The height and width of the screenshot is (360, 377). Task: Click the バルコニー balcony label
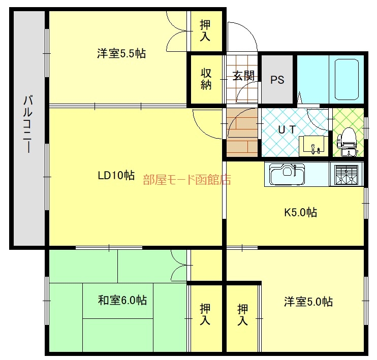(x=28, y=124)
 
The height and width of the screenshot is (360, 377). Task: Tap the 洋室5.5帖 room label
(x=121, y=53)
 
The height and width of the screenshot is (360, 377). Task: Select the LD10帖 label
(x=116, y=176)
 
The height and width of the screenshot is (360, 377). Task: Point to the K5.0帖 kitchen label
(x=301, y=212)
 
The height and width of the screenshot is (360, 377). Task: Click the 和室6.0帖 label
(x=122, y=300)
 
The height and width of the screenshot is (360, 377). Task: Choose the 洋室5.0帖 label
(x=308, y=302)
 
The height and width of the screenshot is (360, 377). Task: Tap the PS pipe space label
(x=277, y=80)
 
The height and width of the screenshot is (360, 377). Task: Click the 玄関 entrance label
(x=243, y=76)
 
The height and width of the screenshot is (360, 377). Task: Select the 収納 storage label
(x=206, y=79)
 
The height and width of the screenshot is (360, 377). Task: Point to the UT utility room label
(x=287, y=130)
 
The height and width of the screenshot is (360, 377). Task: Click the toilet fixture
(x=347, y=142)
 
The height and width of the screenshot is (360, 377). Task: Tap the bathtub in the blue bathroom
(x=347, y=80)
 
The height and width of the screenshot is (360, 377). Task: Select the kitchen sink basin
(x=287, y=174)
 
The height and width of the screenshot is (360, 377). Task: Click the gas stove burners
(x=346, y=175)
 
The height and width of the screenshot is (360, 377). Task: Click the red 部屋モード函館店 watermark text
(x=187, y=180)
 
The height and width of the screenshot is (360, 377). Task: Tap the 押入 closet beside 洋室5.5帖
(x=205, y=30)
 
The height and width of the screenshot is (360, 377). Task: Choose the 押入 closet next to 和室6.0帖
(x=205, y=314)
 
